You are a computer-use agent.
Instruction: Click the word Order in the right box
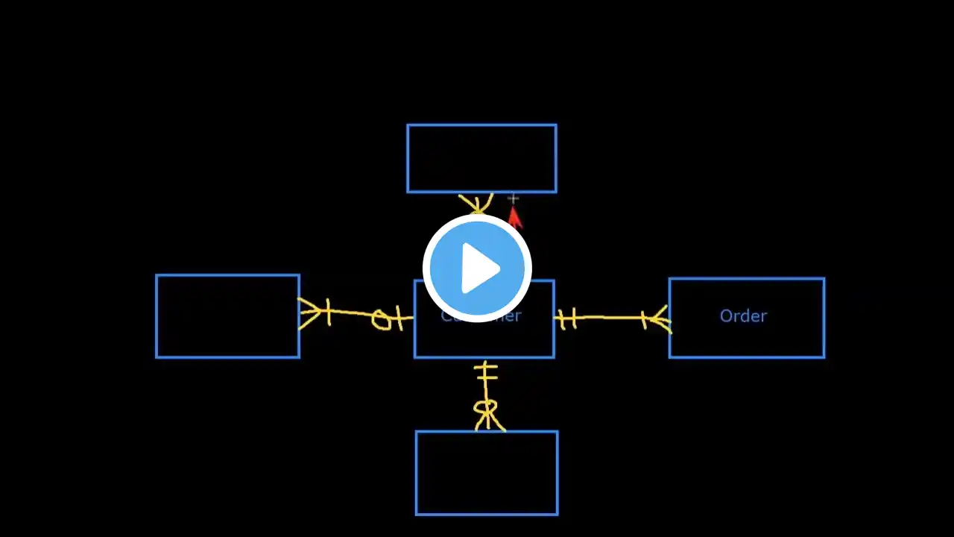pyautogui.click(x=743, y=316)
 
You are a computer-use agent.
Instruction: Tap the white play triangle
pyautogui.click(x=479, y=268)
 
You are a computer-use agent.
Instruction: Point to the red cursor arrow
pyautogui.click(x=514, y=219)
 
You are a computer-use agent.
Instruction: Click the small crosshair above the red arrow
pyautogui.click(x=513, y=198)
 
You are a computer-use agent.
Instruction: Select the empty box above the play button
pyautogui.click(x=481, y=158)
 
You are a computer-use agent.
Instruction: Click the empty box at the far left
pyautogui.click(x=227, y=316)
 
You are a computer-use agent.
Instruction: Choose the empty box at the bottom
pyautogui.click(x=487, y=473)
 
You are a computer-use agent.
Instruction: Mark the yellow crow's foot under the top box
pyautogui.click(x=476, y=204)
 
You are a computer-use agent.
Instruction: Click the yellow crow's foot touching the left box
pyautogui.click(x=309, y=313)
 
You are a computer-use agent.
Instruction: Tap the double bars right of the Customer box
pyautogui.click(x=568, y=319)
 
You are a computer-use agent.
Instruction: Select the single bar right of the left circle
pyautogui.click(x=399, y=318)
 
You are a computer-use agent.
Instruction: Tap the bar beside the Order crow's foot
pyautogui.click(x=644, y=320)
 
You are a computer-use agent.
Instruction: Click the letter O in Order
pyautogui.click(x=726, y=316)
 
